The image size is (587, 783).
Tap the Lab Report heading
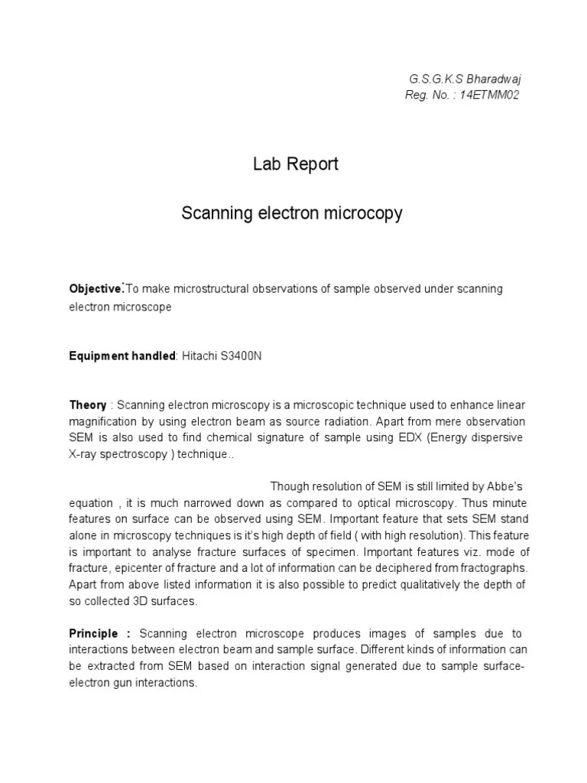point(295,164)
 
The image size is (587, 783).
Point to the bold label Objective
point(96,288)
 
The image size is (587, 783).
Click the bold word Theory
point(88,404)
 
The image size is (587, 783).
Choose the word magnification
point(102,421)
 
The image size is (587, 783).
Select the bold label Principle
point(94,634)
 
